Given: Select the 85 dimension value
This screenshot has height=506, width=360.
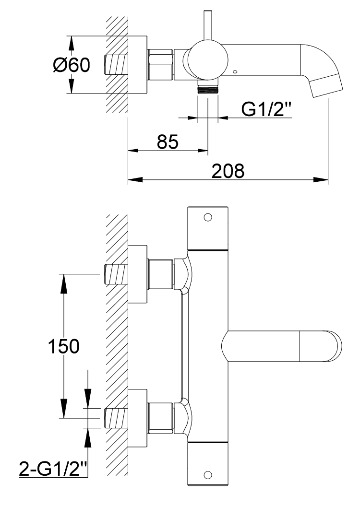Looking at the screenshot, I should [168, 142].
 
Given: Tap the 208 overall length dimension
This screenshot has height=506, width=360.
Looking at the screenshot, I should [228, 171].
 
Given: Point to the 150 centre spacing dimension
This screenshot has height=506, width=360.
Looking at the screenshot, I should [63, 346].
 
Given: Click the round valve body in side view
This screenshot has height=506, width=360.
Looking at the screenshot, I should [207, 60].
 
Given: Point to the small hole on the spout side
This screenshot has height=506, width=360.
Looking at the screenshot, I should [235, 72].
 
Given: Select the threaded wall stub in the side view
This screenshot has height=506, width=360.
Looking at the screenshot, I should [117, 65].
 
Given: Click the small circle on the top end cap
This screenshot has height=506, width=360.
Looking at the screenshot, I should [207, 217].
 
